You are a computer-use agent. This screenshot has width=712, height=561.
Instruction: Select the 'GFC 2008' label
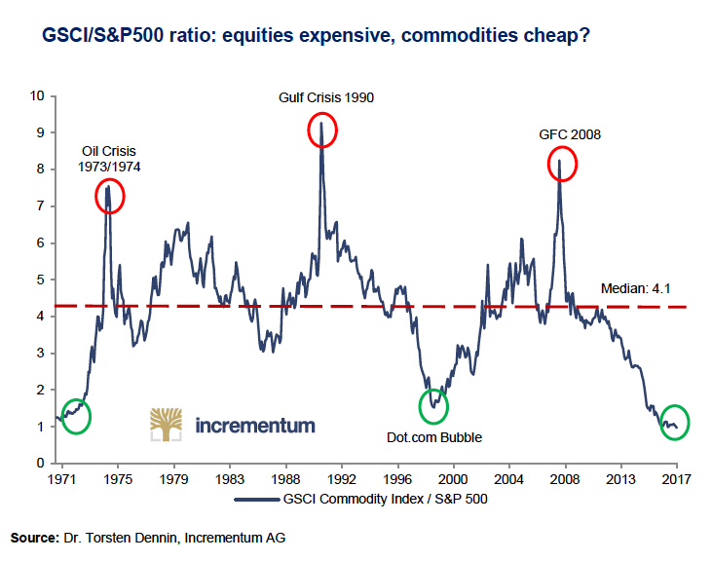tap(570, 134)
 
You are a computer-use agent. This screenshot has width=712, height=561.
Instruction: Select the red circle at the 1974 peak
tap(110, 198)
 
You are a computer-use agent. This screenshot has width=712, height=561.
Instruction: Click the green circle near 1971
tap(75, 416)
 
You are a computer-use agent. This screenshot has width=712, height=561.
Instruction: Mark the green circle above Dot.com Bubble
tap(433, 406)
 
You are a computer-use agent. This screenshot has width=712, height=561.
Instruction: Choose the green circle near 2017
tap(673, 422)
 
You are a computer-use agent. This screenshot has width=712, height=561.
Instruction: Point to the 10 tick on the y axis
tap(38, 95)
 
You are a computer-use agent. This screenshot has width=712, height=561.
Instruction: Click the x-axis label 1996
tap(397, 480)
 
